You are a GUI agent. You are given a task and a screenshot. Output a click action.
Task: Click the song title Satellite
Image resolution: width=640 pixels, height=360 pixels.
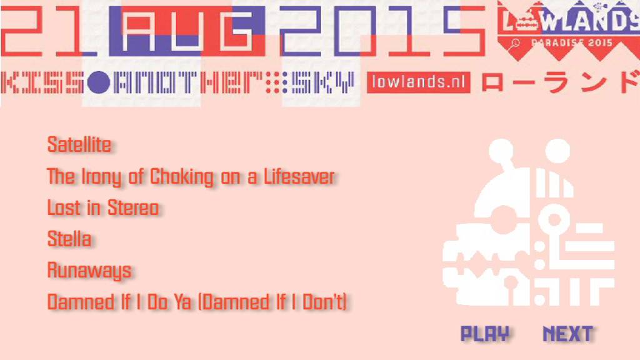pyautogui.click(x=79, y=144)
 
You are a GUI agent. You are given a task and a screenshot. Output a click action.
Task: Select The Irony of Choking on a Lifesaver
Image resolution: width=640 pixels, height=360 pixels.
pyautogui.click(x=191, y=177)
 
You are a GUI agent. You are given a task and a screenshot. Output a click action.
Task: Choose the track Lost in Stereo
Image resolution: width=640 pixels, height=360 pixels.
pyautogui.click(x=103, y=207)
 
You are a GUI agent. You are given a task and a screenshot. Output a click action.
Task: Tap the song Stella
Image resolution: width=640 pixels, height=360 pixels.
pyautogui.click(x=69, y=239)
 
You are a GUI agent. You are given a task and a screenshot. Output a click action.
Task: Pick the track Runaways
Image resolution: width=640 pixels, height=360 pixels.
pyautogui.click(x=89, y=271)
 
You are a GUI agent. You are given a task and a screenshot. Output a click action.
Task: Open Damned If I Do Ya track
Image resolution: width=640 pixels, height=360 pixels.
pyautogui.click(x=197, y=302)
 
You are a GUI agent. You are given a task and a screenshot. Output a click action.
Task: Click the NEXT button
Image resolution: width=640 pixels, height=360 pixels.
pyautogui.click(x=567, y=334)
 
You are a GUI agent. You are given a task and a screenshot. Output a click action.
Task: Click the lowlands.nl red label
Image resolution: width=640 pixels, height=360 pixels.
pyautogui.click(x=418, y=82)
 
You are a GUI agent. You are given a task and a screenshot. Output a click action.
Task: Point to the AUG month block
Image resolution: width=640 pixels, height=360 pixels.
pyautogui.click(x=187, y=31)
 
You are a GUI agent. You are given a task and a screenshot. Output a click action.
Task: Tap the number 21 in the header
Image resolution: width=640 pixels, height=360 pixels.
pyautogui.click(x=49, y=31)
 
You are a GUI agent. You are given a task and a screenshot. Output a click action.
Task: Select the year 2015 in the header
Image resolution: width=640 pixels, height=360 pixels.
pyautogui.click(x=382, y=31)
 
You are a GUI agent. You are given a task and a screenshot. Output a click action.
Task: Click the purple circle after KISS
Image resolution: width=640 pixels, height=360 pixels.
pyautogui.click(x=98, y=82)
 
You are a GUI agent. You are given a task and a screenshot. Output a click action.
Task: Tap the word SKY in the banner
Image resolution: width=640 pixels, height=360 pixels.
pyautogui.click(x=322, y=82)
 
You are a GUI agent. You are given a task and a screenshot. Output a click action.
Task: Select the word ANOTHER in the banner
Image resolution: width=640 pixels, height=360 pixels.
pyautogui.click(x=189, y=82)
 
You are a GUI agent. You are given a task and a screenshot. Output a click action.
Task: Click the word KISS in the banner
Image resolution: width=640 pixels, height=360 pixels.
pyautogui.click(x=42, y=82)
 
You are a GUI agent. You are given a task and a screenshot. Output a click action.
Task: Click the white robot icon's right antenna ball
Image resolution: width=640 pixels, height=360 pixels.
pyautogui.click(x=557, y=151)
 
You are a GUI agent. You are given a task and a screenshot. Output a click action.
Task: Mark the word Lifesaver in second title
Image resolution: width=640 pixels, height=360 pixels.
pyautogui.click(x=299, y=177)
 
